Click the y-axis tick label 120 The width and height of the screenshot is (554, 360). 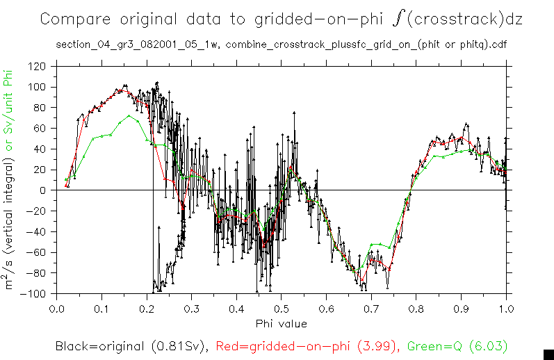pyautogui.click(x=37, y=67)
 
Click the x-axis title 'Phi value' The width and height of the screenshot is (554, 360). pyautogui.click(x=281, y=323)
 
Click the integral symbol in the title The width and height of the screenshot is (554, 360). pyautogui.click(x=397, y=19)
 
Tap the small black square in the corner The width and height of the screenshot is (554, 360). pyautogui.click(x=548, y=353)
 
